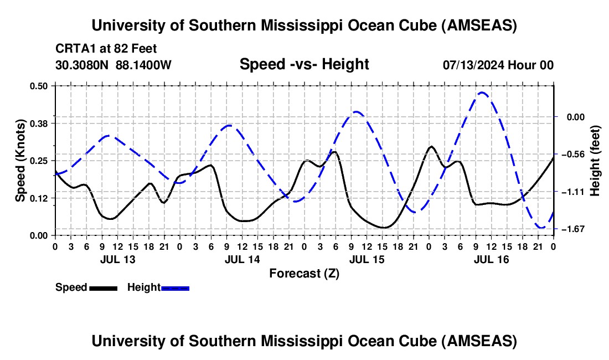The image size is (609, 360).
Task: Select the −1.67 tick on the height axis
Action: pyautogui.click(x=574, y=229)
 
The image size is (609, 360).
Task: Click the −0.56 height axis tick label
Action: pyautogui.click(x=574, y=154)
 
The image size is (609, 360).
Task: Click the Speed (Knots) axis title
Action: pyautogui.click(x=20, y=161)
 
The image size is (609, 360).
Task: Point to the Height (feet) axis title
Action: pyautogui.click(x=595, y=161)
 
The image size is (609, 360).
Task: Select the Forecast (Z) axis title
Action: pyautogui.click(x=304, y=273)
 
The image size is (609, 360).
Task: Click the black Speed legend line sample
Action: pyautogui.click(x=103, y=287)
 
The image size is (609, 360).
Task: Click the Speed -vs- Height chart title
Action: pyautogui.click(x=304, y=64)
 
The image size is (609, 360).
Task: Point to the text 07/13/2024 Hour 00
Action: pyautogui.click(x=498, y=65)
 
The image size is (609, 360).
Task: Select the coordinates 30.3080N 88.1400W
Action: pyautogui.click(x=113, y=65)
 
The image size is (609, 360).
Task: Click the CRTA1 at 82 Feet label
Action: pyautogui.click(x=106, y=48)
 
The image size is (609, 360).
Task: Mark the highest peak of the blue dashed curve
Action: pyautogui.click(x=482, y=92)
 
